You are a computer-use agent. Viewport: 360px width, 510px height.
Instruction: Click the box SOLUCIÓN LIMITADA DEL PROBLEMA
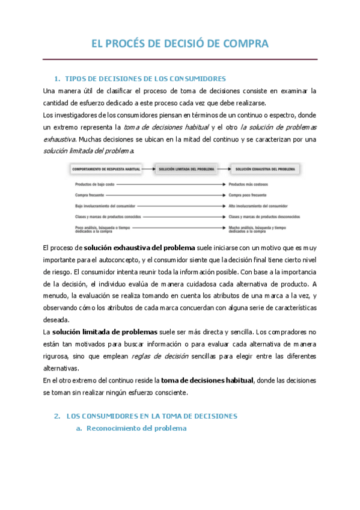click(x=186, y=170)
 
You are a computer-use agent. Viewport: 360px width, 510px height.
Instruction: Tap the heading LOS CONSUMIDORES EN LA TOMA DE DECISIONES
click(x=152, y=416)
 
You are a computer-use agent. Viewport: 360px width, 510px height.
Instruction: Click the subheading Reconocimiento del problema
click(x=137, y=428)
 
